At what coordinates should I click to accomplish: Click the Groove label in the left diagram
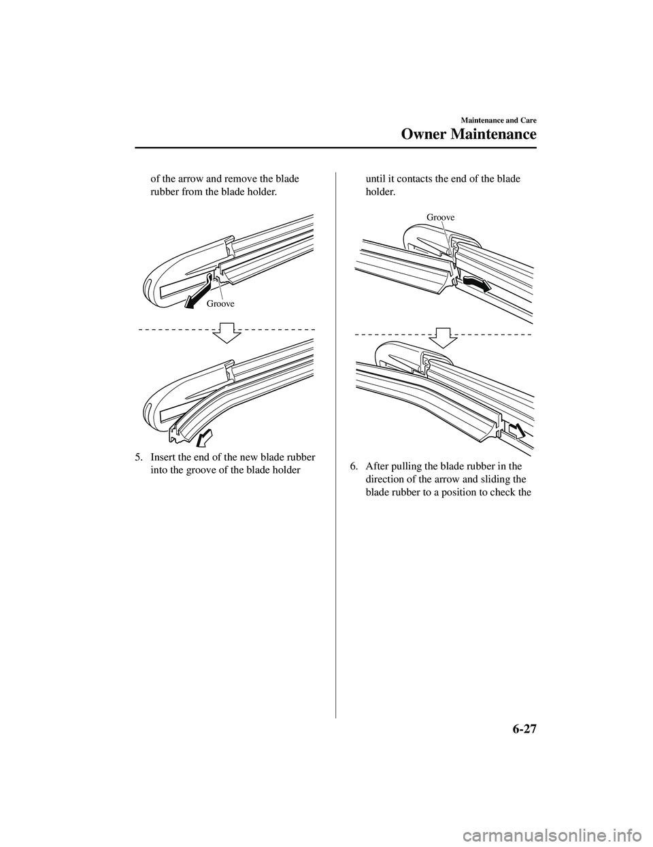[x=221, y=304]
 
